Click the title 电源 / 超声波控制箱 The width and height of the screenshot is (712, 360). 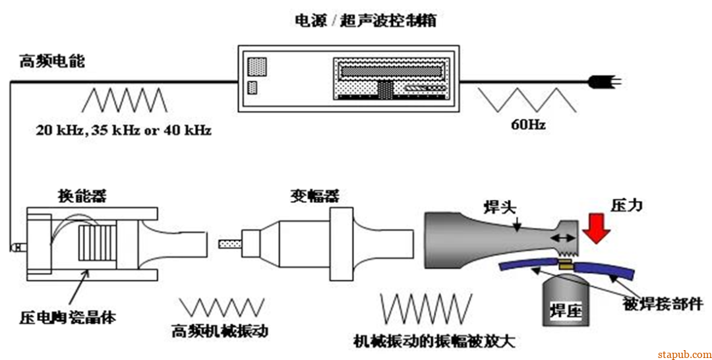pyautogui.click(x=364, y=20)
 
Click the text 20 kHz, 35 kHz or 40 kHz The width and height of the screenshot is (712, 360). pyautogui.click(x=124, y=131)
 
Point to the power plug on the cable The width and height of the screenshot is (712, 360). pyautogui.click(x=601, y=82)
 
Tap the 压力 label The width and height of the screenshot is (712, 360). pyautogui.click(x=626, y=205)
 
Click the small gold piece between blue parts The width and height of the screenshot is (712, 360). pyautogui.click(x=565, y=265)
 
